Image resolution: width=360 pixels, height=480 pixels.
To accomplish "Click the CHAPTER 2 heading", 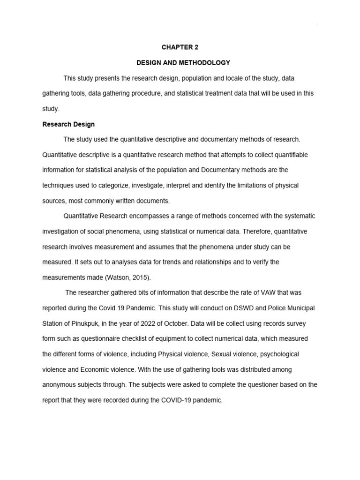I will tap(177, 47).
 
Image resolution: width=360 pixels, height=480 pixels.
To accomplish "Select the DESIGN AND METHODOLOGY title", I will tap(177, 62).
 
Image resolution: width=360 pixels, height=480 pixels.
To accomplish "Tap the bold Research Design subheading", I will tap(68, 124).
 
